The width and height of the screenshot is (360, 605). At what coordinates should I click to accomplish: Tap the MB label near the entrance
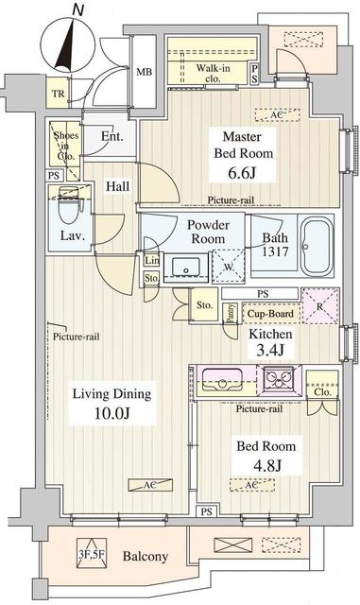[x=145, y=72]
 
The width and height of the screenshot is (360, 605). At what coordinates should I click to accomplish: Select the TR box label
[x=59, y=93]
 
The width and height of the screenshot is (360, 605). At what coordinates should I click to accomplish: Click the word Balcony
[x=146, y=557]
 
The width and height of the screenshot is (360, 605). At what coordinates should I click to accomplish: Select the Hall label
[x=117, y=186]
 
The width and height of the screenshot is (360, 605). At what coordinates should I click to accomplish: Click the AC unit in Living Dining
[x=150, y=483]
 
